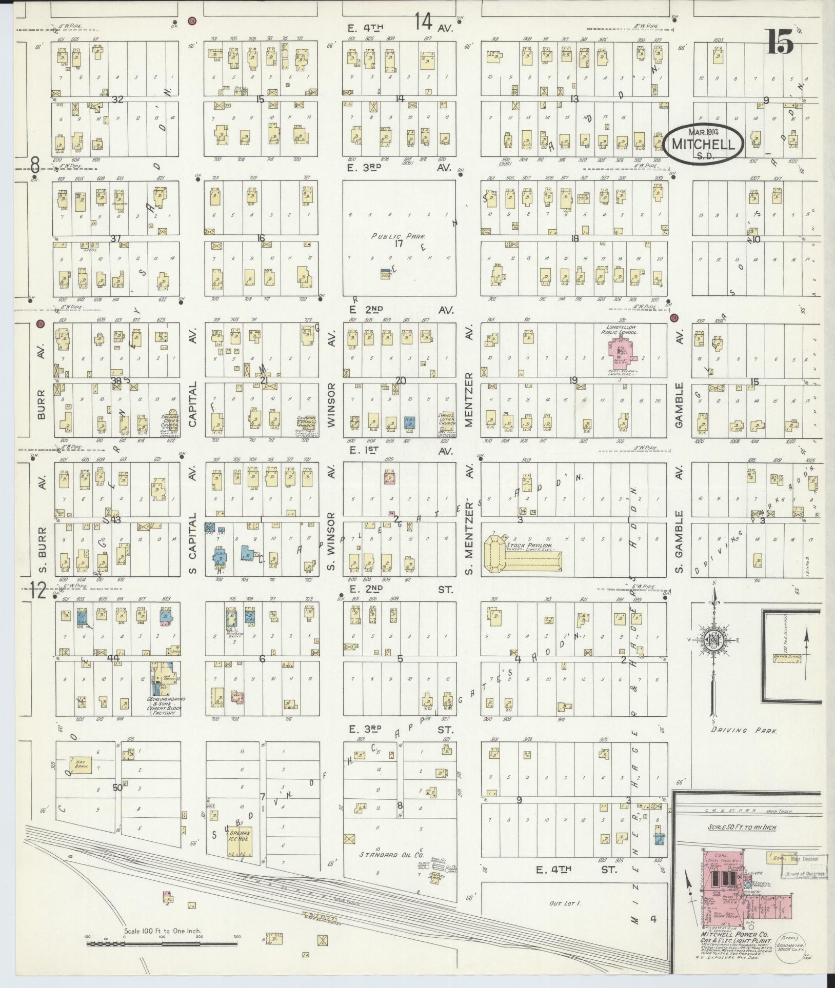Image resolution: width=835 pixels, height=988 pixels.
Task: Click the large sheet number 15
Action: (780, 42)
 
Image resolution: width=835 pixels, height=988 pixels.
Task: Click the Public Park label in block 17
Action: (399, 236)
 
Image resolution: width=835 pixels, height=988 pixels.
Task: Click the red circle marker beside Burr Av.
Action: (40, 324)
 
